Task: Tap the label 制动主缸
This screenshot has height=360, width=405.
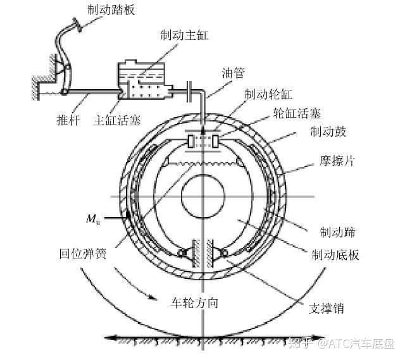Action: pyautogui.click(x=184, y=35)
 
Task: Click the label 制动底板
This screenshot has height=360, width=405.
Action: pyautogui.click(x=336, y=255)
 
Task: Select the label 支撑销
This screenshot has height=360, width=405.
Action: pyautogui.click(x=327, y=309)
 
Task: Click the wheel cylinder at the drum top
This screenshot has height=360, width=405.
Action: pyautogui.click(x=202, y=140)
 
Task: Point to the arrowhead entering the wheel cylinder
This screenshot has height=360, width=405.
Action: pyautogui.click(x=202, y=121)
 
